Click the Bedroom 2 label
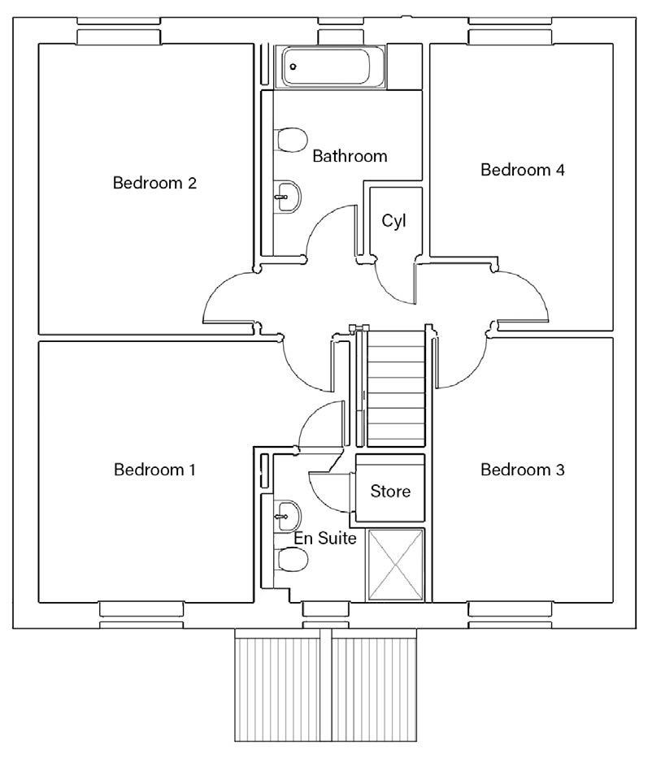click(x=154, y=183)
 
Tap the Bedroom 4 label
click(x=523, y=170)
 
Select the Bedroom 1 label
click(x=154, y=470)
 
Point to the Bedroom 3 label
click(x=523, y=470)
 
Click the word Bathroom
click(x=350, y=156)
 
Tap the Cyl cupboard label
click(x=393, y=221)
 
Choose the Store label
click(x=390, y=492)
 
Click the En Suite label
click(x=325, y=538)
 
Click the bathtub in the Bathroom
click(x=330, y=67)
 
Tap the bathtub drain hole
click(x=293, y=67)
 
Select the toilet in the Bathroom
click(x=291, y=141)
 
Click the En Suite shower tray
click(x=395, y=565)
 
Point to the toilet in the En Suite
click(x=291, y=560)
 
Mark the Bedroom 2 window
click(x=119, y=30)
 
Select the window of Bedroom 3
click(x=511, y=615)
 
